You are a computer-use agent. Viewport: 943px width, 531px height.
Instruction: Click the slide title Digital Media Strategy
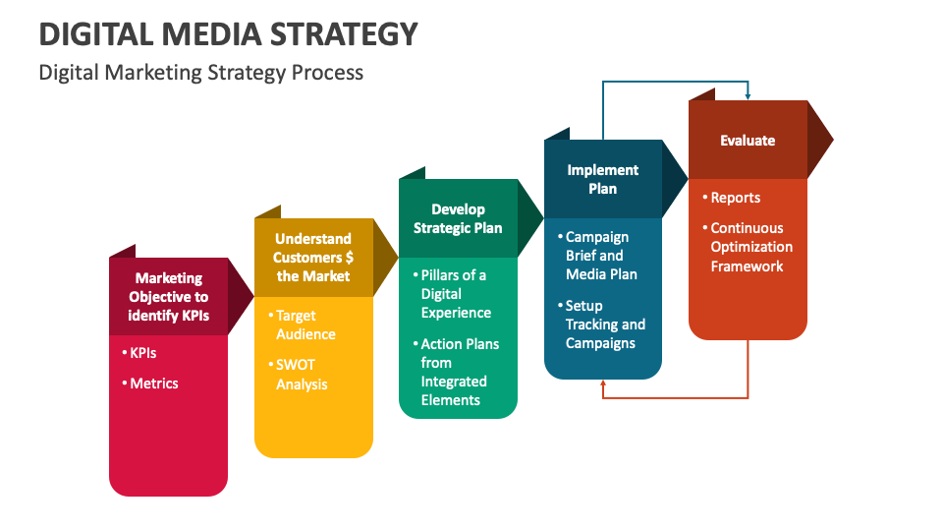228,34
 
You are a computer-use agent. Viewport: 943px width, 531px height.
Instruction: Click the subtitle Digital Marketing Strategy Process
201,73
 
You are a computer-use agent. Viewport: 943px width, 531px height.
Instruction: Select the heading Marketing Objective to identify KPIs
168,297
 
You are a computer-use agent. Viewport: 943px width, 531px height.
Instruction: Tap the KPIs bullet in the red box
143,352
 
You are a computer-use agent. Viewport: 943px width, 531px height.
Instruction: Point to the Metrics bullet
154,383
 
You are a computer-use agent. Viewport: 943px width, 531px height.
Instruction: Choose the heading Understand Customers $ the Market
313,258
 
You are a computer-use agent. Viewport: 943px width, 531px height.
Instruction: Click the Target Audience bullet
305,324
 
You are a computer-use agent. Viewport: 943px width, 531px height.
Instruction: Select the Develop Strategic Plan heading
458,218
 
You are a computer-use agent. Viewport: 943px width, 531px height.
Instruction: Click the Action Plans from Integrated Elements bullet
459,372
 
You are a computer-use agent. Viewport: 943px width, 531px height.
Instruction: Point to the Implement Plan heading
602,179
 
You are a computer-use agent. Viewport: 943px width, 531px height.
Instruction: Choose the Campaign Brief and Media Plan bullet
601,256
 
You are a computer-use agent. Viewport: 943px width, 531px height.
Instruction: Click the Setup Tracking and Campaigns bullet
604,324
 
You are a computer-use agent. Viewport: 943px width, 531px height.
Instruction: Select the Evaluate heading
747,141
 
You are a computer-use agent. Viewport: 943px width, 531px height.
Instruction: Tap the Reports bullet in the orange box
736,198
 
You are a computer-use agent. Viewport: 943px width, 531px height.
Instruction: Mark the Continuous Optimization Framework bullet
751,247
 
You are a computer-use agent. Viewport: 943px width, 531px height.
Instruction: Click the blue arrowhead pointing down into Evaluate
748,96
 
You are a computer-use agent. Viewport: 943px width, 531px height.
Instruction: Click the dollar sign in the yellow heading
349,258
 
